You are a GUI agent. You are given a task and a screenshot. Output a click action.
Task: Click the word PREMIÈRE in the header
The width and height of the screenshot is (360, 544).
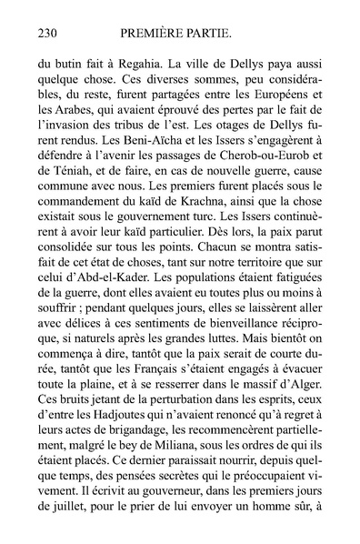(156, 34)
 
